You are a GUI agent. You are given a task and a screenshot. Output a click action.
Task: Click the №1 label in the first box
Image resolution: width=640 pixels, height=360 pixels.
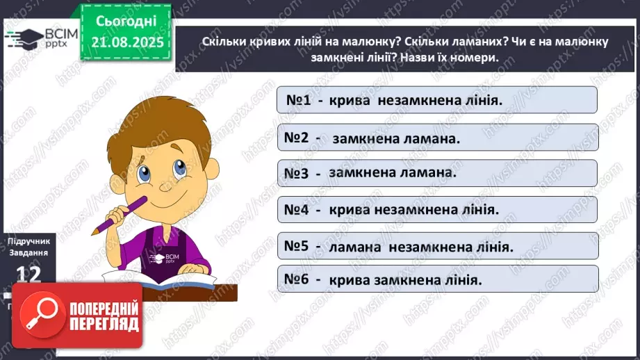(x=297, y=100)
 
